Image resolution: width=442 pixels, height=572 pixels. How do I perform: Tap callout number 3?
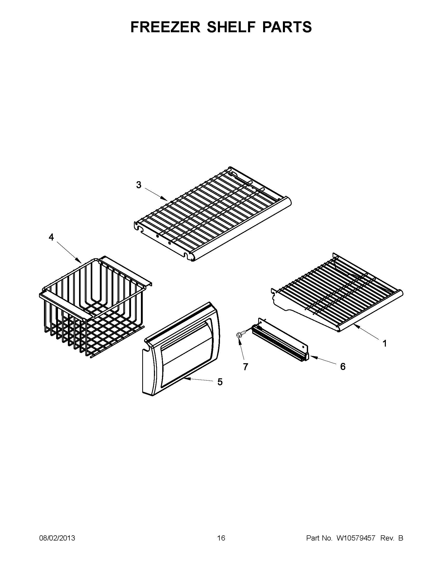(x=139, y=185)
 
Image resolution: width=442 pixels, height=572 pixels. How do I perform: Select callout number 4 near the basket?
(x=51, y=237)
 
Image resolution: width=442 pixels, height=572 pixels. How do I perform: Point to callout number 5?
(x=220, y=382)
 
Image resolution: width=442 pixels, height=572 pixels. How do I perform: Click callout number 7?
(x=245, y=367)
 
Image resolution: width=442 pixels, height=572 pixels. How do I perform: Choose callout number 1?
(x=385, y=343)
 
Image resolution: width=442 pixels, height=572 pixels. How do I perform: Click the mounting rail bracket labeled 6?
(x=280, y=341)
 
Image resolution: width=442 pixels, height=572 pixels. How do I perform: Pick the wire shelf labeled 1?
(x=338, y=296)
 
